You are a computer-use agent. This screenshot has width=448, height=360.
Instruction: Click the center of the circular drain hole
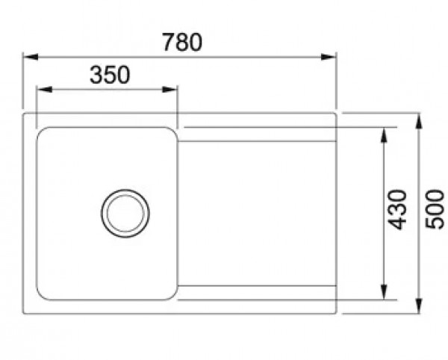tap(125, 212)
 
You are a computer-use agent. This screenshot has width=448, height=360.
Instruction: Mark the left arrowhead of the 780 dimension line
tap(28, 56)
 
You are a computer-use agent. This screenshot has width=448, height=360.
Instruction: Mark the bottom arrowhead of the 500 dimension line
tap(420, 308)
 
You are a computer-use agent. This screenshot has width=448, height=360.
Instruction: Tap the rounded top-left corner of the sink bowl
tap(43, 133)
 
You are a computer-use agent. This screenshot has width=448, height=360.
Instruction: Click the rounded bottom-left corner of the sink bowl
tap(43, 294)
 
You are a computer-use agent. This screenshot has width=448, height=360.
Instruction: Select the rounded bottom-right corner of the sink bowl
tap(170, 294)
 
